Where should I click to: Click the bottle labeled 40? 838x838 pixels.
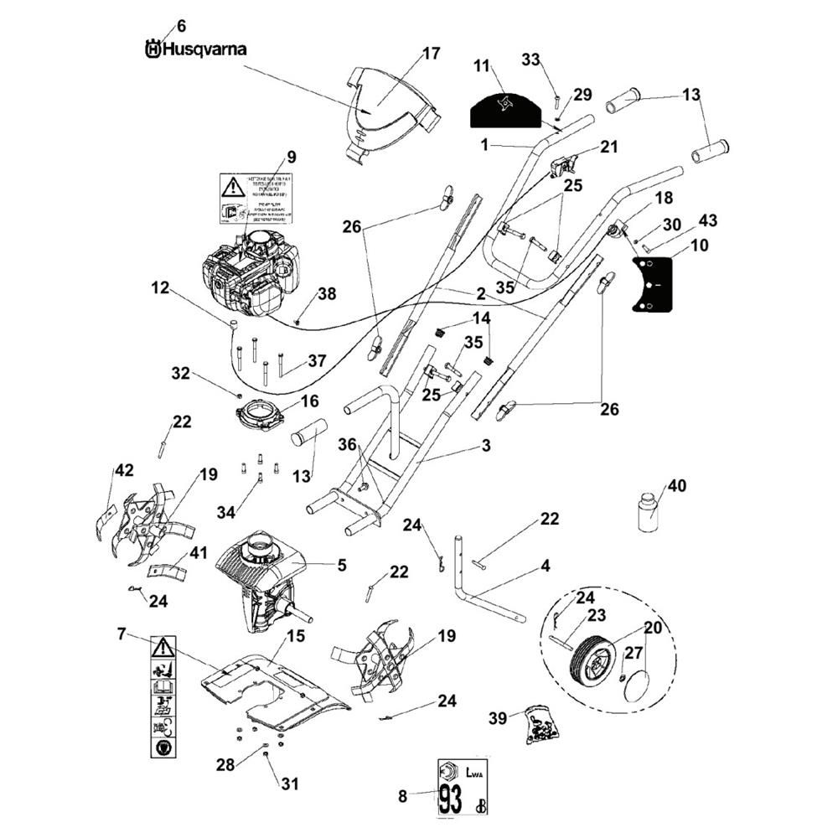648,513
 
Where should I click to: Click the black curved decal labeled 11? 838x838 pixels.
505,108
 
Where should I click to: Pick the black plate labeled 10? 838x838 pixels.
654,284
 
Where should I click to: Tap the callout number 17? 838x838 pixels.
431,54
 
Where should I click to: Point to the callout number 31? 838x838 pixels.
289,784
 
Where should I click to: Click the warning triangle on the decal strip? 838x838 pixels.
163,647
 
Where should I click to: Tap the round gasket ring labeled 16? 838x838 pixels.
260,415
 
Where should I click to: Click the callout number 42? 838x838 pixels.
124,471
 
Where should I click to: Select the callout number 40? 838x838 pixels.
676,486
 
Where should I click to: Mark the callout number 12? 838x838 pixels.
160,287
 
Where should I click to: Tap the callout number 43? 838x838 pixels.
707,220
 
